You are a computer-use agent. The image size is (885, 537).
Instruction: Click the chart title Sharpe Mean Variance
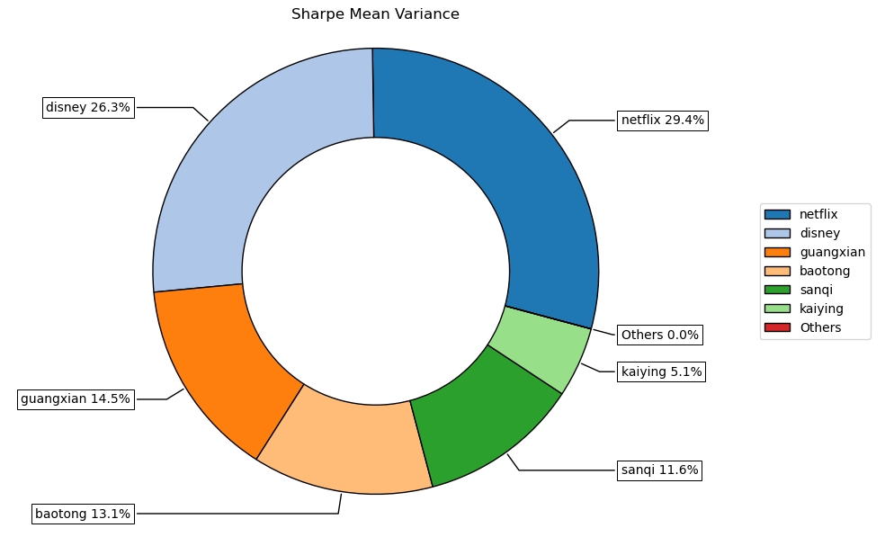[375, 14]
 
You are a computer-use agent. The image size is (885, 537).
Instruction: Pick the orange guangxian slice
[225, 360]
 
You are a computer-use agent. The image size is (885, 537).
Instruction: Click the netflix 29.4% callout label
[662, 121]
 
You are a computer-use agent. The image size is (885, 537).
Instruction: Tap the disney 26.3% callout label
[88, 108]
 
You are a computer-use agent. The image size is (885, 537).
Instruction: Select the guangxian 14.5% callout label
[76, 398]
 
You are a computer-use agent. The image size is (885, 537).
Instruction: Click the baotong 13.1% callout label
[83, 515]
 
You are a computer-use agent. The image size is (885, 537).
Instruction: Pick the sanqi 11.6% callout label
[659, 470]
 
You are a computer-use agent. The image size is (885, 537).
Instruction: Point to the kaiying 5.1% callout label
[661, 371]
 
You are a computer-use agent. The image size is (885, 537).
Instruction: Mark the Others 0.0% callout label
[659, 335]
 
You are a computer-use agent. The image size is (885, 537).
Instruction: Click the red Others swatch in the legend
[776, 327]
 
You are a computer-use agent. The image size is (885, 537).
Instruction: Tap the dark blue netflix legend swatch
[776, 214]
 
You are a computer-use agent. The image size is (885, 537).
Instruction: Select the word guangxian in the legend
[832, 252]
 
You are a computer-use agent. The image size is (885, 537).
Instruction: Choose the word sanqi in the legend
[816, 290]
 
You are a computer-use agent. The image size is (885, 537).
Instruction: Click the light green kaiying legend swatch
[776, 309]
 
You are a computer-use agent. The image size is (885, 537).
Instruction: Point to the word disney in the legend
[819, 233]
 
